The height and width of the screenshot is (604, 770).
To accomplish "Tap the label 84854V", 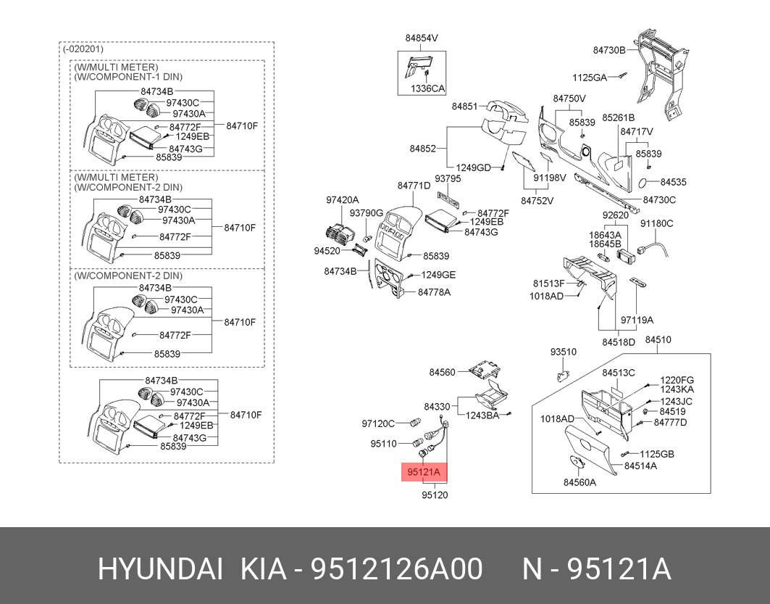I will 422,37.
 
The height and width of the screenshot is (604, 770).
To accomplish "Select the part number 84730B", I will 608,50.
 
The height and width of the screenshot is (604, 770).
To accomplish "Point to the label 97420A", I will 342,199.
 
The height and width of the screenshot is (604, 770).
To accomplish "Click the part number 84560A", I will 579,482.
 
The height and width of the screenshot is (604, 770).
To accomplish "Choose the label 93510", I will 563,352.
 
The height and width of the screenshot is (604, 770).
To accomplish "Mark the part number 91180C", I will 656,224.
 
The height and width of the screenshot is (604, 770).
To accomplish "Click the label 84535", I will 673,182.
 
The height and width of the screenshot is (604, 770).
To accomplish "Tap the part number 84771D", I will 414,186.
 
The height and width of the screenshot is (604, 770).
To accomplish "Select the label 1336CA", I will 427,88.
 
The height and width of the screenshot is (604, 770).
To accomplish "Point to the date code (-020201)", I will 83,49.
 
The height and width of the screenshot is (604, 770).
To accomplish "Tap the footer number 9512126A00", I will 396,570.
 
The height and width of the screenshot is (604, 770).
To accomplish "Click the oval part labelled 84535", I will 647,183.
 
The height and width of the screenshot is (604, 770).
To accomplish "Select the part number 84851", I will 465,106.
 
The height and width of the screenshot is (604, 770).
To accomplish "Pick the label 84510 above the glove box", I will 658,339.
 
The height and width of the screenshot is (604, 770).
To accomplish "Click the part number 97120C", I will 378,423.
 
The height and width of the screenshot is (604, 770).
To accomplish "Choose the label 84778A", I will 434,292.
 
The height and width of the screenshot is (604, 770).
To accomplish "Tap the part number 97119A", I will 637,320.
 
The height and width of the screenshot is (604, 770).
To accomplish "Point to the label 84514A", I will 640,466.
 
